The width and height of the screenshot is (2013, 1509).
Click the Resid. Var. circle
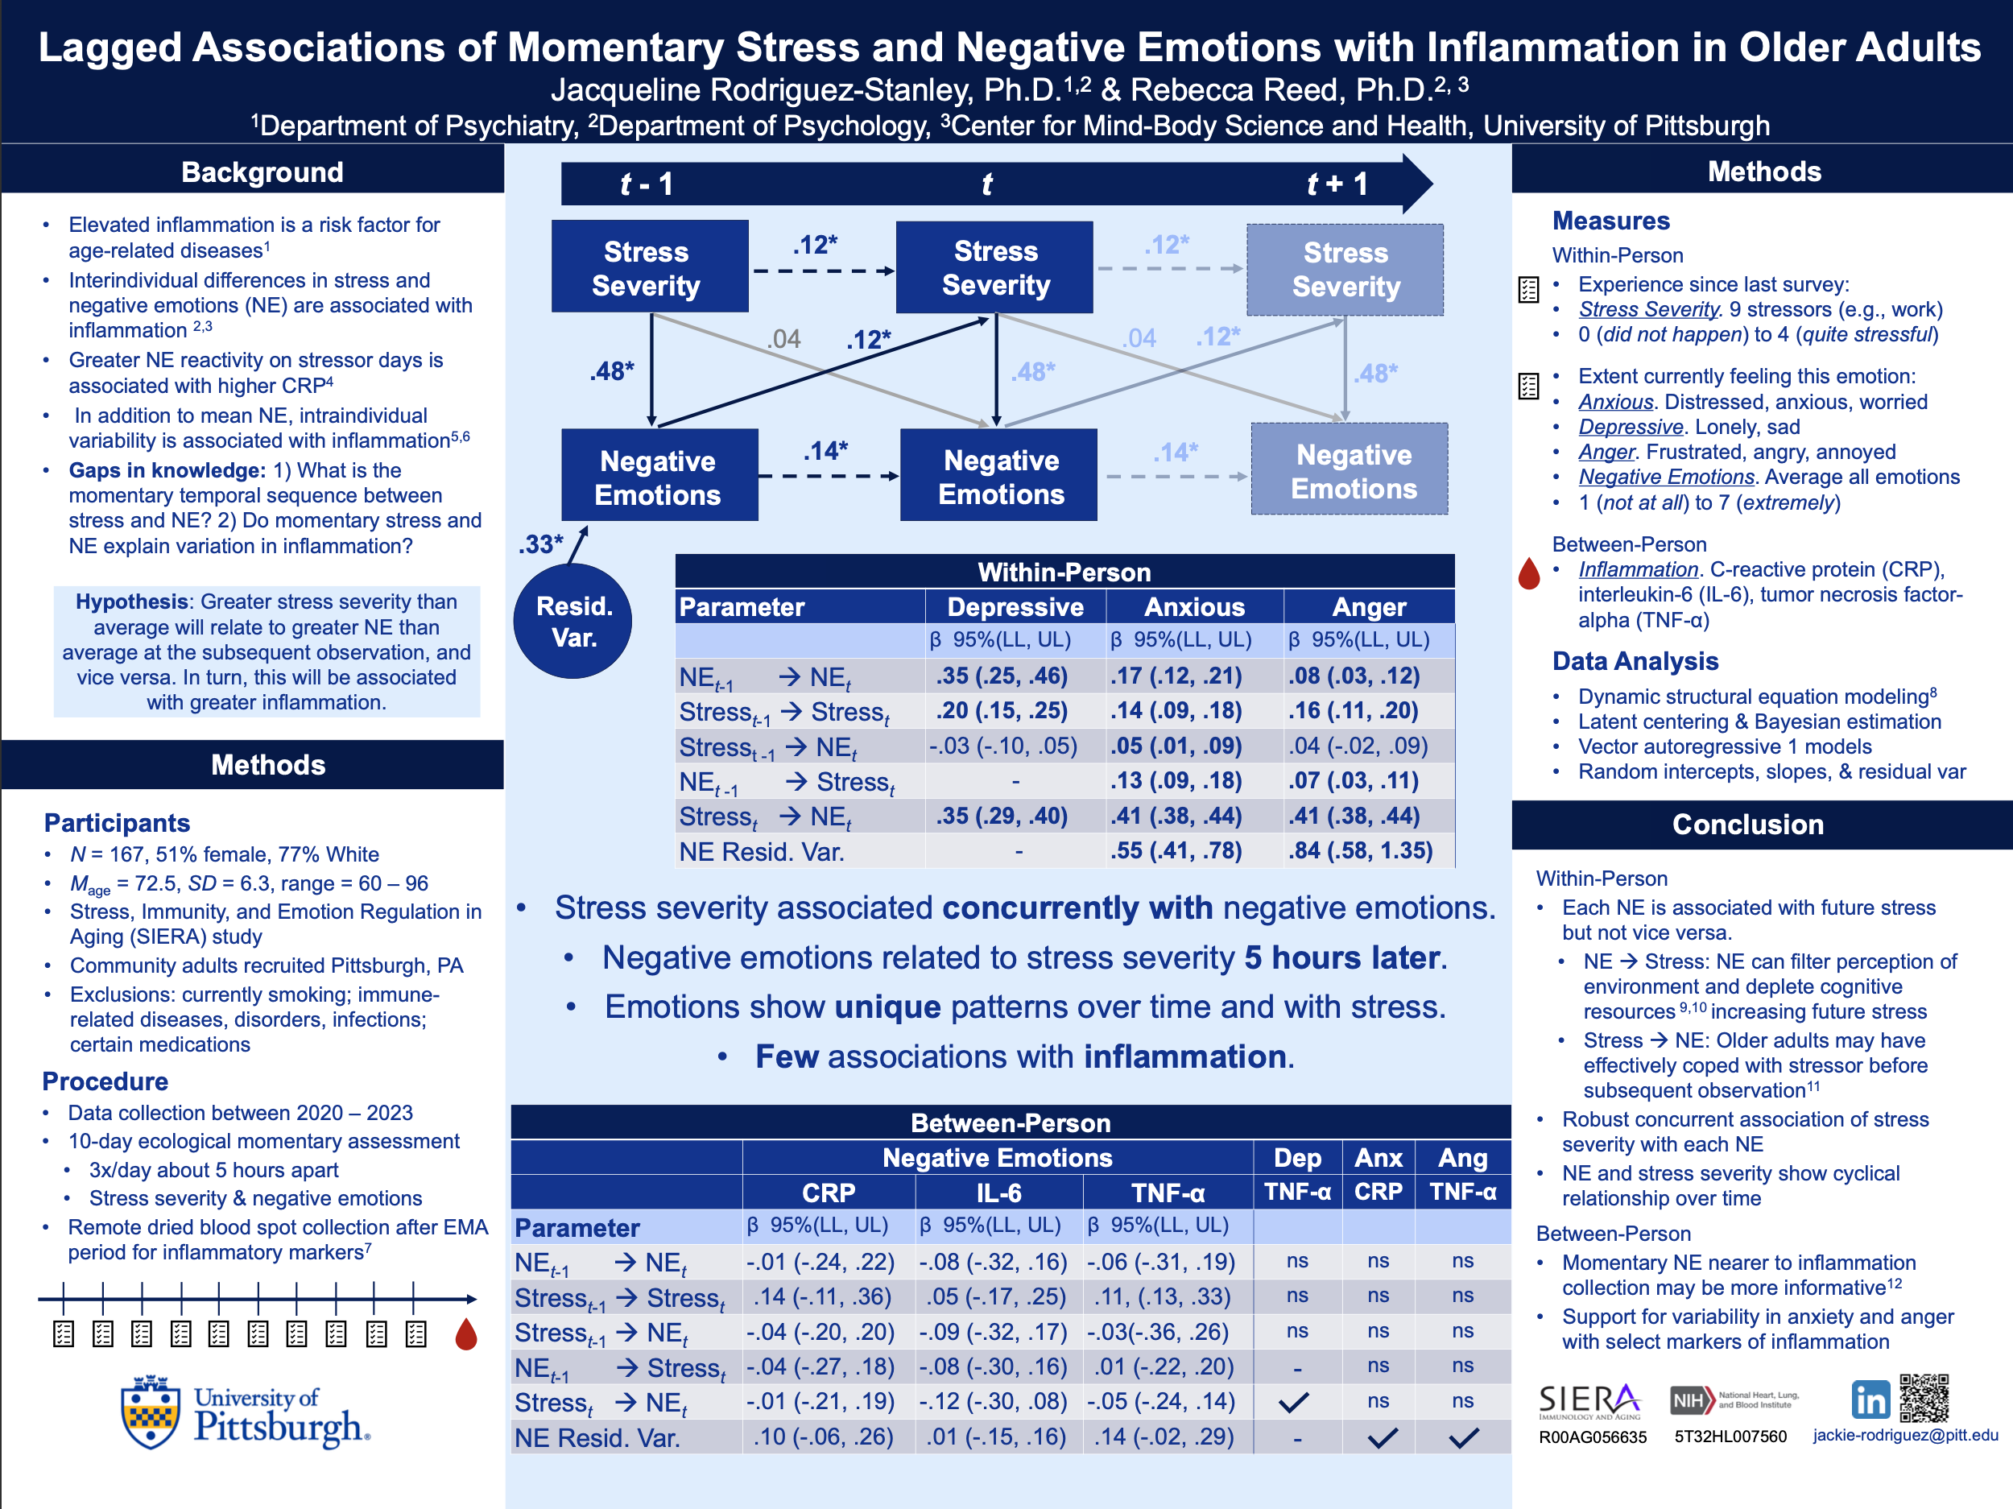(x=572, y=621)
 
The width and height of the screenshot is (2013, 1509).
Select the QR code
(x=1924, y=1398)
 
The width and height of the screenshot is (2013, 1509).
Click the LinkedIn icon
(x=1870, y=1399)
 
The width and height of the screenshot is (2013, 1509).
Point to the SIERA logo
(x=1589, y=1400)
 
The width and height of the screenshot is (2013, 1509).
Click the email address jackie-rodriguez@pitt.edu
(x=1905, y=1435)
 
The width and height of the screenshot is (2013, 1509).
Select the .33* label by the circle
(x=540, y=544)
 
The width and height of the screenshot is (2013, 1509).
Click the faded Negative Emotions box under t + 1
(x=1350, y=469)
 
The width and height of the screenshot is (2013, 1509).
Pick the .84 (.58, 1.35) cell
(x=1360, y=851)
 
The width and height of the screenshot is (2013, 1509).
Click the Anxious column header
(x=1194, y=607)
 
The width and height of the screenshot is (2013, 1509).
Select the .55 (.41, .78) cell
(x=1176, y=851)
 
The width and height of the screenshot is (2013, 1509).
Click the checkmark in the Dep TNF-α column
(x=1294, y=1403)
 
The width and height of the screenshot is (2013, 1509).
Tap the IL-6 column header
(x=998, y=1193)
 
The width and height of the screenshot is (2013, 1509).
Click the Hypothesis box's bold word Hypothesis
(x=132, y=602)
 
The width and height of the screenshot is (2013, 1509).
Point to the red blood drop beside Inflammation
(x=1529, y=574)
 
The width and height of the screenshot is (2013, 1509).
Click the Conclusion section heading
(x=1747, y=825)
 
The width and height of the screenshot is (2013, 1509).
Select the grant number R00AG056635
(x=1593, y=1437)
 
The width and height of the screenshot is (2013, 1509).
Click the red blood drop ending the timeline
(x=466, y=1334)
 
